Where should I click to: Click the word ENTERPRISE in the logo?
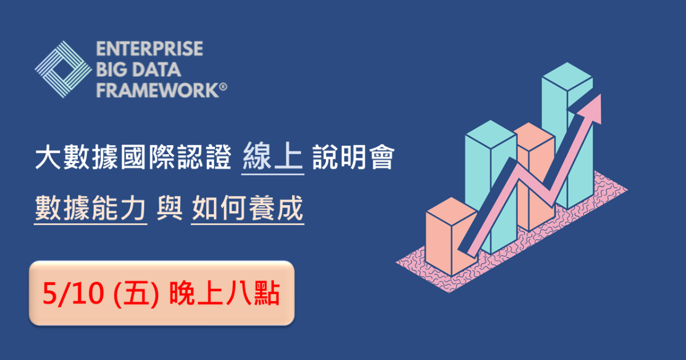(149, 49)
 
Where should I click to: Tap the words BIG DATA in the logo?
(138, 70)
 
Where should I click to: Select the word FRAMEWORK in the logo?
(157, 90)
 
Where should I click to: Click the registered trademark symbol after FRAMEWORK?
(224, 87)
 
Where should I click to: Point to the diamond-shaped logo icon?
(63, 70)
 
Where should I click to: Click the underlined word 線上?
(273, 157)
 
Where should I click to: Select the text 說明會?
(353, 157)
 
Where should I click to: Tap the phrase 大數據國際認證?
(133, 157)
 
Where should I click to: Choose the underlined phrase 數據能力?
(90, 209)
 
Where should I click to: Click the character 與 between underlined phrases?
(169, 208)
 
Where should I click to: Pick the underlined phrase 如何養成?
(248, 209)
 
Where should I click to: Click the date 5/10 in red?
(73, 294)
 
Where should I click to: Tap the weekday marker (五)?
(136, 294)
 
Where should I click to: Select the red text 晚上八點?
(225, 294)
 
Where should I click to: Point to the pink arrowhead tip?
(601, 95)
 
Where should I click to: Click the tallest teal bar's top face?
(567, 77)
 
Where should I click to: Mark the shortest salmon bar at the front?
(452, 235)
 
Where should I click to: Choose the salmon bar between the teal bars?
(535, 176)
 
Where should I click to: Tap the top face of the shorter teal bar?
(490, 135)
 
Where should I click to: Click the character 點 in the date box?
(267, 294)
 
